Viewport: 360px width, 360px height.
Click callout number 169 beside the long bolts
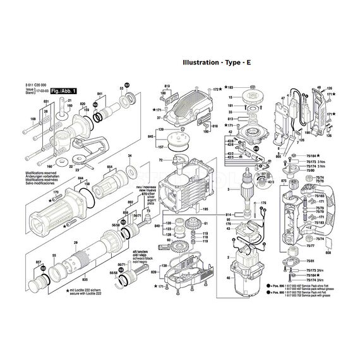click(33, 117)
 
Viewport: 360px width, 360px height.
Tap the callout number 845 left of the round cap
click(150, 136)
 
